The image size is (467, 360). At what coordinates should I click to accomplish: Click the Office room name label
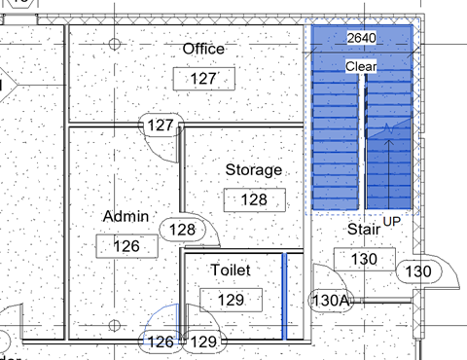click(x=203, y=49)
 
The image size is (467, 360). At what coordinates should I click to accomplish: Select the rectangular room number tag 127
click(x=204, y=79)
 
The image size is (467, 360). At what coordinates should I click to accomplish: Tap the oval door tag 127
click(x=161, y=125)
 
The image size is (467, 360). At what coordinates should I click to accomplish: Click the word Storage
click(x=254, y=170)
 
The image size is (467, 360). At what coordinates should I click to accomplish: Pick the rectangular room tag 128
click(x=255, y=199)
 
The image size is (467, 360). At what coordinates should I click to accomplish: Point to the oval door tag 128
click(x=182, y=230)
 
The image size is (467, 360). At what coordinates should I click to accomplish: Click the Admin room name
click(x=126, y=216)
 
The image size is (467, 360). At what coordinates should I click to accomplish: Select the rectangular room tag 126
click(x=126, y=246)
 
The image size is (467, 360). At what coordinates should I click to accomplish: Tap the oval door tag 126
click(x=161, y=342)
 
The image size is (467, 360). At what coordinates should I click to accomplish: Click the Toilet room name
click(x=231, y=270)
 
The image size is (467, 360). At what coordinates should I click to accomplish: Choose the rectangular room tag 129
click(x=231, y=300)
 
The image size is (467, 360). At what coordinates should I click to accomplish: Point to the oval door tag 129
click(x=203, y=342)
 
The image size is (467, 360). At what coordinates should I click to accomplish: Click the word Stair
click(x=364, y=230)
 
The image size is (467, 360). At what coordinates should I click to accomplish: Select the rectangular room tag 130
click(x=365, y=259)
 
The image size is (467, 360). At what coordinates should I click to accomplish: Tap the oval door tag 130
click(x=418, y=271)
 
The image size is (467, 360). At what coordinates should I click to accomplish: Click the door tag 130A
click(x=331, y=301)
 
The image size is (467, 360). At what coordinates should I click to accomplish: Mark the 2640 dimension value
click(x=362, y=38)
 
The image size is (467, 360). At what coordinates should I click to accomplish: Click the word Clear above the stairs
click(x=361, y=66)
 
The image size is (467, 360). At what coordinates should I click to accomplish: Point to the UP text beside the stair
click(x=392, y=222)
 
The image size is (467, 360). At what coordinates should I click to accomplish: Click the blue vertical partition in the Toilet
click(x=284, y=297)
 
